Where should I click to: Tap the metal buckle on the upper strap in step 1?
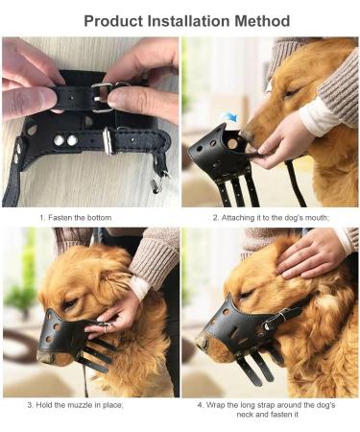103,94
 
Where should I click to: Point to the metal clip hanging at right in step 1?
156,180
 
